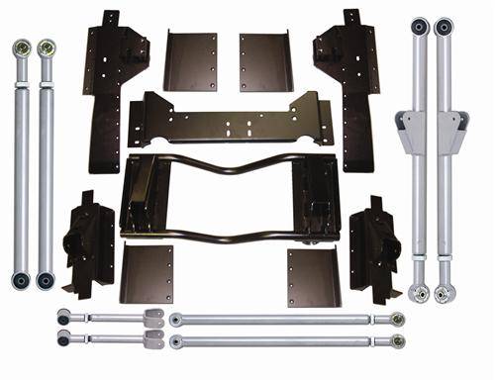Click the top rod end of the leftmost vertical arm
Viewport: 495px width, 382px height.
pyautogui.click(x=21, y=48)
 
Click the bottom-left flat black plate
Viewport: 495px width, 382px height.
pyautogui.click(x=147, y=274)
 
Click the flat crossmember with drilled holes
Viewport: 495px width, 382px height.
pyautogui.click(x=227, y=118)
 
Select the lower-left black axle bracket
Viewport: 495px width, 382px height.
pyautogui.click(x=87, y=242)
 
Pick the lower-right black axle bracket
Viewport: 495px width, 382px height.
pyautogui.click(x=371, y=242)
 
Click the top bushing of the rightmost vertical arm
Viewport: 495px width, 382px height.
pyautogui.click(x=445, y=26)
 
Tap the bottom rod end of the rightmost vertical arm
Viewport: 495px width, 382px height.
pyautogui.click(x=445, y=293)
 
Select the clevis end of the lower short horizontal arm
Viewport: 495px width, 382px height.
pyautogui.click(x=152, y=339)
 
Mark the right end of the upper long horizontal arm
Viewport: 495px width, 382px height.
pyautogui.click(x=396, y=319)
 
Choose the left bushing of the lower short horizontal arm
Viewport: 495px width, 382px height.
pyautogui.click(x=64, y=339)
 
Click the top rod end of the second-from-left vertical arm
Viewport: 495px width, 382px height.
pyautogui.click(x=46, y=48)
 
